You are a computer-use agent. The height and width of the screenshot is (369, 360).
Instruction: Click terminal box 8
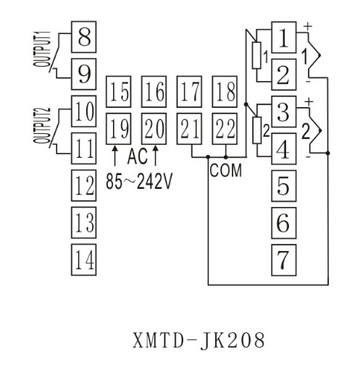[x=83, y=37]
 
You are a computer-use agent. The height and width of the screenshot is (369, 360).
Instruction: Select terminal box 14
[x=83, y=260]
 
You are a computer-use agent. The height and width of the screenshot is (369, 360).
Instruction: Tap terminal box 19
[x=119, y=129]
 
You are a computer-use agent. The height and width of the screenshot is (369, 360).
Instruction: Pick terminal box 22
[x=225, y=129]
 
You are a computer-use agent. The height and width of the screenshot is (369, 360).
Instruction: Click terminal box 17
[x=189, y=92]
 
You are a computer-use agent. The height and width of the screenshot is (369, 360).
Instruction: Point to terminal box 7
[x=284, y=260]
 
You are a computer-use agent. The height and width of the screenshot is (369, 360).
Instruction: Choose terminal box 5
[x=284, y=186]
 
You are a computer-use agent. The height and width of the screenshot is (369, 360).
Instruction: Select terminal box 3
[x=284, y=111]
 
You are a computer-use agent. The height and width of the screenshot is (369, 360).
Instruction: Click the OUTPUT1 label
[x=42, y=49]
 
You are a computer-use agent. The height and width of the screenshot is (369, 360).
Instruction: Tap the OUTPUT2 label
[x=42, y=125]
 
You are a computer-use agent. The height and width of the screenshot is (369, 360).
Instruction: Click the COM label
[x=226, y=170]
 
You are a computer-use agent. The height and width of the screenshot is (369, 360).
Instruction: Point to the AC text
[x=138, y=156]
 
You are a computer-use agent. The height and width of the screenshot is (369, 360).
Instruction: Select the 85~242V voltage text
[x=139, y=182]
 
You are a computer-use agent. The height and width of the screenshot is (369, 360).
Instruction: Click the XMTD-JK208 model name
[x=199, y=340]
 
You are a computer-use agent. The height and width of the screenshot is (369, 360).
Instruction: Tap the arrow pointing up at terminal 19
[x=115, y=156]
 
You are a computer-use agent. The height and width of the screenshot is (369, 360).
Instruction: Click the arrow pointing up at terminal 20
[x=156, y=156]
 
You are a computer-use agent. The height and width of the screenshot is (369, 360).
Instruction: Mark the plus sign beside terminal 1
[x=308, y=26]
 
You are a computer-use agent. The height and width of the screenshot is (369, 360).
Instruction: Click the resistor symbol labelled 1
[x=256, y=55]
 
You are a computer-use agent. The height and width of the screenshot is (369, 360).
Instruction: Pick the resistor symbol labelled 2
[x=257, y=130]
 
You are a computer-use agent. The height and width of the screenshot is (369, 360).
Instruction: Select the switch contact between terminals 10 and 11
[x=54, y=128]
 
